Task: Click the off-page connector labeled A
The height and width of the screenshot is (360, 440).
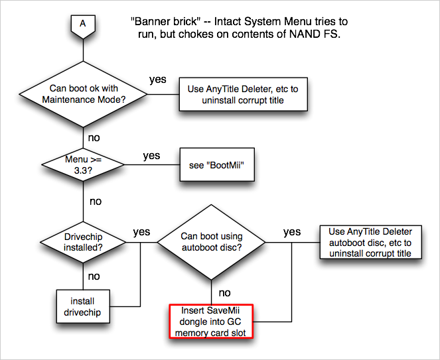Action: (x=82, y=24)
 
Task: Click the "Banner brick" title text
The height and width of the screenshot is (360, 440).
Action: (x=160, y=21)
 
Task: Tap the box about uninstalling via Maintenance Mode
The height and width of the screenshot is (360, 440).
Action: (x=244, y=93)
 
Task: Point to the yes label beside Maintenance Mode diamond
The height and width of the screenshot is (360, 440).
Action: (x=158, y=80)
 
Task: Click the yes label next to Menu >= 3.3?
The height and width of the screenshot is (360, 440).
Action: (x=152, y=155)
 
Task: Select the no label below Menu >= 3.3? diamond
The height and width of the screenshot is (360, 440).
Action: (x=95, y=200)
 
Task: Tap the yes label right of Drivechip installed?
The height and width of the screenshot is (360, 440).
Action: (x=141, y=232)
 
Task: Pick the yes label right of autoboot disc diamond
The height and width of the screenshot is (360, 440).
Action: (x=291, y=232)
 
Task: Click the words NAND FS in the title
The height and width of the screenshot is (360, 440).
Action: (x=305, y=34)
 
